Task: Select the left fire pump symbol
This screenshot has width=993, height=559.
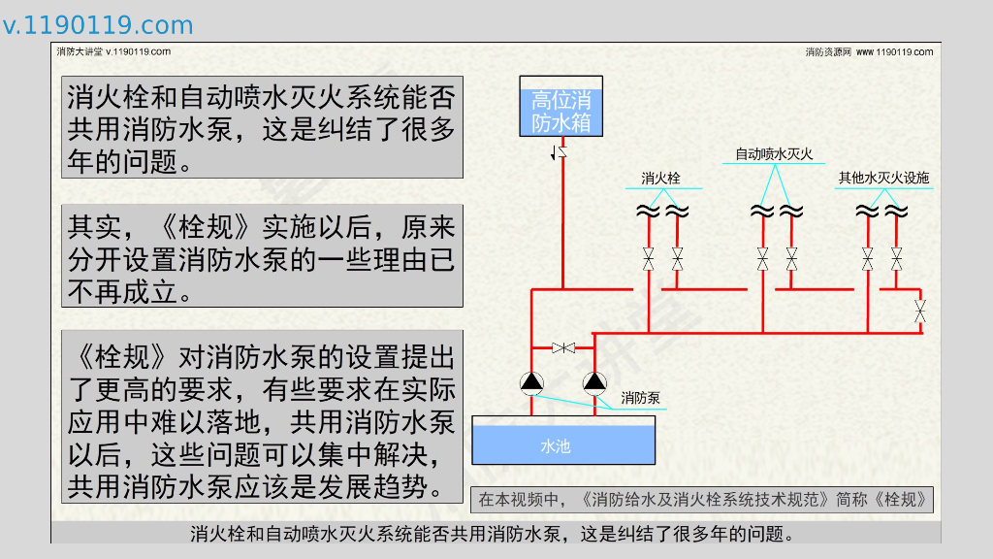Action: point(531,382)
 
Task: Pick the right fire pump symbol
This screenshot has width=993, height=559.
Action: point(593,382)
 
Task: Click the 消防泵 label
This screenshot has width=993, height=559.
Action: point(640,397)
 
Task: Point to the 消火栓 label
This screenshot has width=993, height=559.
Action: point(660,179)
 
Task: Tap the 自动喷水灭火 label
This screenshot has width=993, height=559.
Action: point(773,153)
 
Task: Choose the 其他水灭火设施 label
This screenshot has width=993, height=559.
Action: point(883,178)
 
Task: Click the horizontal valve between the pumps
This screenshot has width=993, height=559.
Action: point(562,347)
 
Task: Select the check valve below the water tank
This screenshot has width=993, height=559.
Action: point(560,151)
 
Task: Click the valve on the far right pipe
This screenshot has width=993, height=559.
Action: point(920,312)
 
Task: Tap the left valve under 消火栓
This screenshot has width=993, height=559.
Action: point(649,258)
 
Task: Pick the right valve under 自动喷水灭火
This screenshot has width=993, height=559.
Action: point(791,258)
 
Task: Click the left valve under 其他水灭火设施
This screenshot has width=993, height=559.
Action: point(868,258)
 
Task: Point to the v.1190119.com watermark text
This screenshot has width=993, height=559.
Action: point(97,25)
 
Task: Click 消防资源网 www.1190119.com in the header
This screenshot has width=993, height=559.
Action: point(868,51)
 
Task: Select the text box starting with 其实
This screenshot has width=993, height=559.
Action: point(262,256)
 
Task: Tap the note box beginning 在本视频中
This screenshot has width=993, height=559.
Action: point(701,500)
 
